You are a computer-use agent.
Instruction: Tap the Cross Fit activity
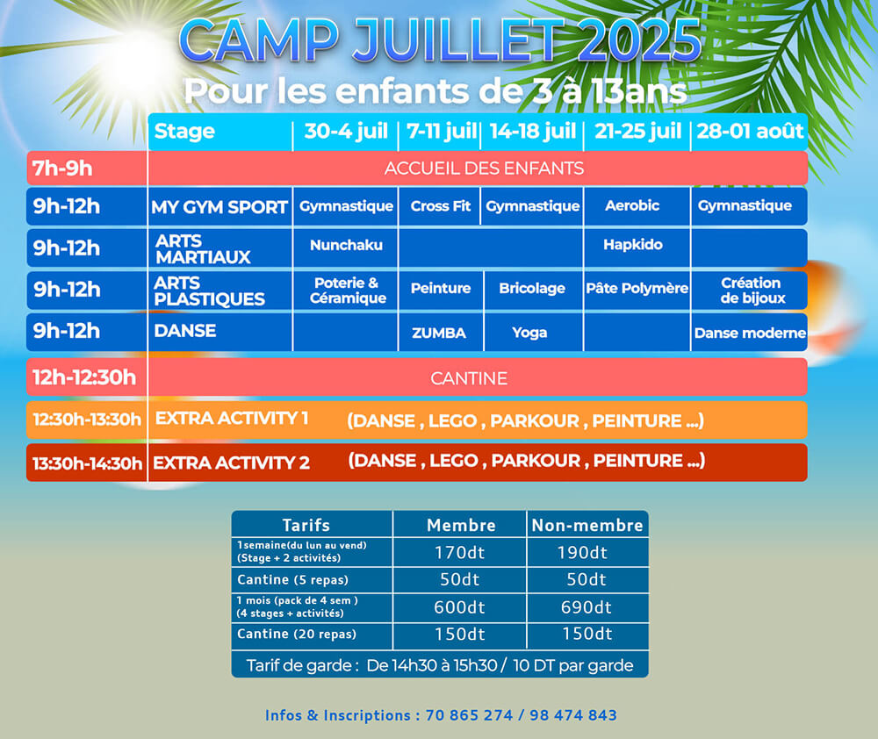pos(441,206)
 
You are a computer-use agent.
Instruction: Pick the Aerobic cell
pos(632,205)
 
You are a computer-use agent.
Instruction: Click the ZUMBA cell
pos(439,334)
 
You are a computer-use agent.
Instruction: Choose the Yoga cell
pos(529,333)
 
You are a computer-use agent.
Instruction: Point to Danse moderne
pos(751,334)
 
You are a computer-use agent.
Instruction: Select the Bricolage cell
pos(532,289)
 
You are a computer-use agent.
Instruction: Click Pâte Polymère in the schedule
pos(637,289)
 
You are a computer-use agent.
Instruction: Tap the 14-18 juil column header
pos(533,132)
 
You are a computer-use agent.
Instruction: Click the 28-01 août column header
pos(750,132)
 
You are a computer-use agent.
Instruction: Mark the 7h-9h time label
pos(62,168)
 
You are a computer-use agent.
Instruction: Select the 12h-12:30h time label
pos(84,377)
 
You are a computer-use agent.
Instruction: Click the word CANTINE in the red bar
pos(469,378)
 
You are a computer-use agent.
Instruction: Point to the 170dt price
pos(460,553)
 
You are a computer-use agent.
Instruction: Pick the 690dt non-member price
pos(587,607)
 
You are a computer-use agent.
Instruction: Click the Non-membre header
pos(587,525)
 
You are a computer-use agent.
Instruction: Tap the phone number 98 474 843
pos(573,715)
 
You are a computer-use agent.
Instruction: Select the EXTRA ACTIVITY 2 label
pos(231,463)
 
